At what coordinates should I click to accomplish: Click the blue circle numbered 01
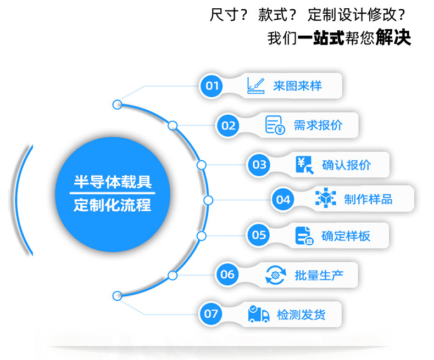212,86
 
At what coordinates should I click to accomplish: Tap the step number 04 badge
283,199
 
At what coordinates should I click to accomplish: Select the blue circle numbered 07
212,314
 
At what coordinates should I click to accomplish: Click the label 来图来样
297,86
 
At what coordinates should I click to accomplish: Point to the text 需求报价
318,125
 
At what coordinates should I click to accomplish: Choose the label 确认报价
346,165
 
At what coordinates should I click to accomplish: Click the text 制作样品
368,199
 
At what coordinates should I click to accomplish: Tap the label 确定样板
346,236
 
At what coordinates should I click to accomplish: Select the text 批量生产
319,274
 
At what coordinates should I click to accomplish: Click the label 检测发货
301,314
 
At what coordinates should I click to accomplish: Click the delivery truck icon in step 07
258,314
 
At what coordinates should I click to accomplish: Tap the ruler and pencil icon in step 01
255,85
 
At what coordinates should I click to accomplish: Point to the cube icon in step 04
325,199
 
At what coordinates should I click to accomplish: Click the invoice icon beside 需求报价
275,125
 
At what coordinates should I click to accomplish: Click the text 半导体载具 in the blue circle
113,182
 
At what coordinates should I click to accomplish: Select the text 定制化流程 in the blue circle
113,206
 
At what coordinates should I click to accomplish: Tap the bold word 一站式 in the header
321,38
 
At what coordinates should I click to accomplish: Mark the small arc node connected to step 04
208,200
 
